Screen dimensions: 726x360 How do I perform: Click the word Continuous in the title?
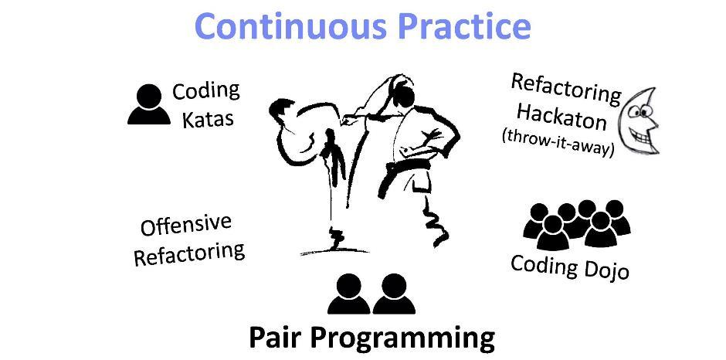(290, 25)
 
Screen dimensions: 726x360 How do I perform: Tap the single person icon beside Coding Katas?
(148, 104)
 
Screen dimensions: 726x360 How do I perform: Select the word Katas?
(208, 119)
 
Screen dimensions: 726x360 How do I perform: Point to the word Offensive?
(186, 225)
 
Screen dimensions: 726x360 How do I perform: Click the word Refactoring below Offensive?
(189, 253)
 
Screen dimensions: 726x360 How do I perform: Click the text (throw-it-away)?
(558, 142)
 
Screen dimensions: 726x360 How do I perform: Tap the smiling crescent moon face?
(641, 121)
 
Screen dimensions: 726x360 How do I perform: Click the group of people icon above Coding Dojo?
(577, 223)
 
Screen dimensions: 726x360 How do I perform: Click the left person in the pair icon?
(348, 294)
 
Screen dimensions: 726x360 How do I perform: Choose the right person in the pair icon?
(394, 294)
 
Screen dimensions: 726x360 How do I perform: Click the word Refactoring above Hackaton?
(565, 88)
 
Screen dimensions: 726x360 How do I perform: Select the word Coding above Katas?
(206, 91)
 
